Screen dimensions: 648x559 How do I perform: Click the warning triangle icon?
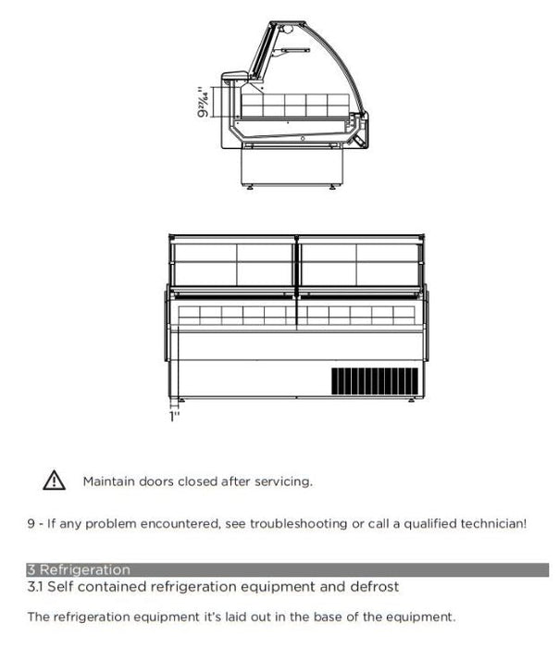click(x=54, y=480)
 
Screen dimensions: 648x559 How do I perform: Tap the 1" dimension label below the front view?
click(x=173, y=417)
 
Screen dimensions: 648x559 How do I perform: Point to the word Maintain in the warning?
click(x=108, y=481)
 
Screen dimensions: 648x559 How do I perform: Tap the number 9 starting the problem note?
click(x=31, y=524)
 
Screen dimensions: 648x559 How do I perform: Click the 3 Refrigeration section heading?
click(x=80, y=570)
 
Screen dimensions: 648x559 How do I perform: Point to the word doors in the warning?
click(x=158, y=481)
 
